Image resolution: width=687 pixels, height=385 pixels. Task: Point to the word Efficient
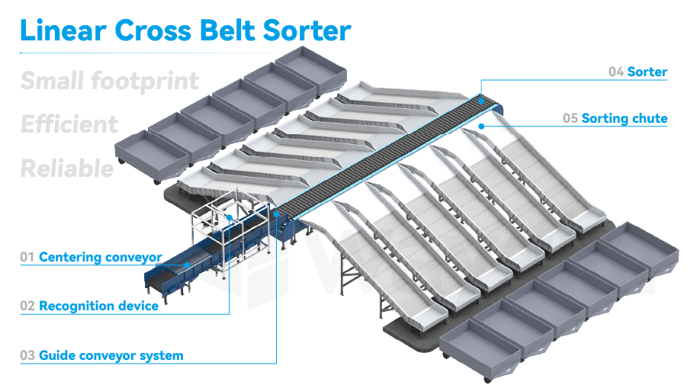[70, 124]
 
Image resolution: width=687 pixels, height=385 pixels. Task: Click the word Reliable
[68, 168]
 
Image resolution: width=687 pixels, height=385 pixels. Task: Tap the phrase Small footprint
[110, 81]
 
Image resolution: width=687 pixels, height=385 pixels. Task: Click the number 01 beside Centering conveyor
[27, 258]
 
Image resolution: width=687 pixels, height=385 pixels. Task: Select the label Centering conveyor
[101, 258]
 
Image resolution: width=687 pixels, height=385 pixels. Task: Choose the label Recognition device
[99, 306]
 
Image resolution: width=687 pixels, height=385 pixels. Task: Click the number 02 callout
[27, 306]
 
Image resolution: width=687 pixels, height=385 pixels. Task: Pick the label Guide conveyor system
[111, 355]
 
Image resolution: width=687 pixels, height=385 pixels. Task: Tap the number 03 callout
[27, 355]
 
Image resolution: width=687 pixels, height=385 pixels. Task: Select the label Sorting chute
[624, 118]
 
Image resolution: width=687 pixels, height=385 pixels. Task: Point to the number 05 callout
[570, 118]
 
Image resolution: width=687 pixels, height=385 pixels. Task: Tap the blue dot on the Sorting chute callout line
[483, 127]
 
